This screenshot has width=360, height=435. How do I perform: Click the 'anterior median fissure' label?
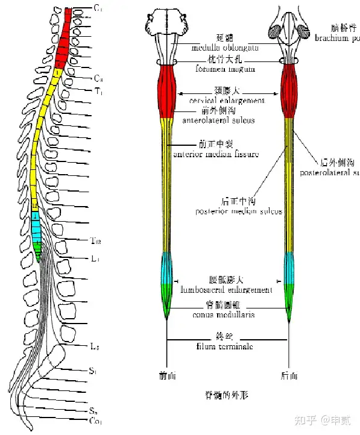215,154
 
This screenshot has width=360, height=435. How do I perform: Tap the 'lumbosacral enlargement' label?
226,290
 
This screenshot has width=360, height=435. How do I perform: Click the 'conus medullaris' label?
224,315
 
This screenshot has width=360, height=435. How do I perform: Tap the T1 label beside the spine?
98,92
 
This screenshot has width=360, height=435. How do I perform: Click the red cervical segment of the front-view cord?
167,90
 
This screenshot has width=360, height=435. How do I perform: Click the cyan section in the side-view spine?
37,230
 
